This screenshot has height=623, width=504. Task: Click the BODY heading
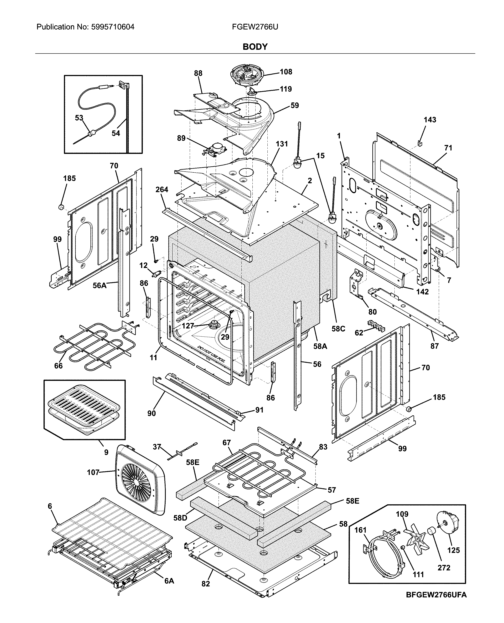click(x=255, y=47)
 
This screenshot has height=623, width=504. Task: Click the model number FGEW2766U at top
click(x=255, y=27)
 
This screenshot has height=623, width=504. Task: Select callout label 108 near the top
click(x=286, y=72)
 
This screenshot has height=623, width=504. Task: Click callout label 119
click(x=286, y=89)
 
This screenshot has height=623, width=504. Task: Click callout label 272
click(x=444, y=568)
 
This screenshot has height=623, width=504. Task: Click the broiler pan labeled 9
click(x=84, y=409)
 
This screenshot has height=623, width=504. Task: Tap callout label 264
click(x=162, y=189)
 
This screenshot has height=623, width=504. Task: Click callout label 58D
click(x=180, y=518)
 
